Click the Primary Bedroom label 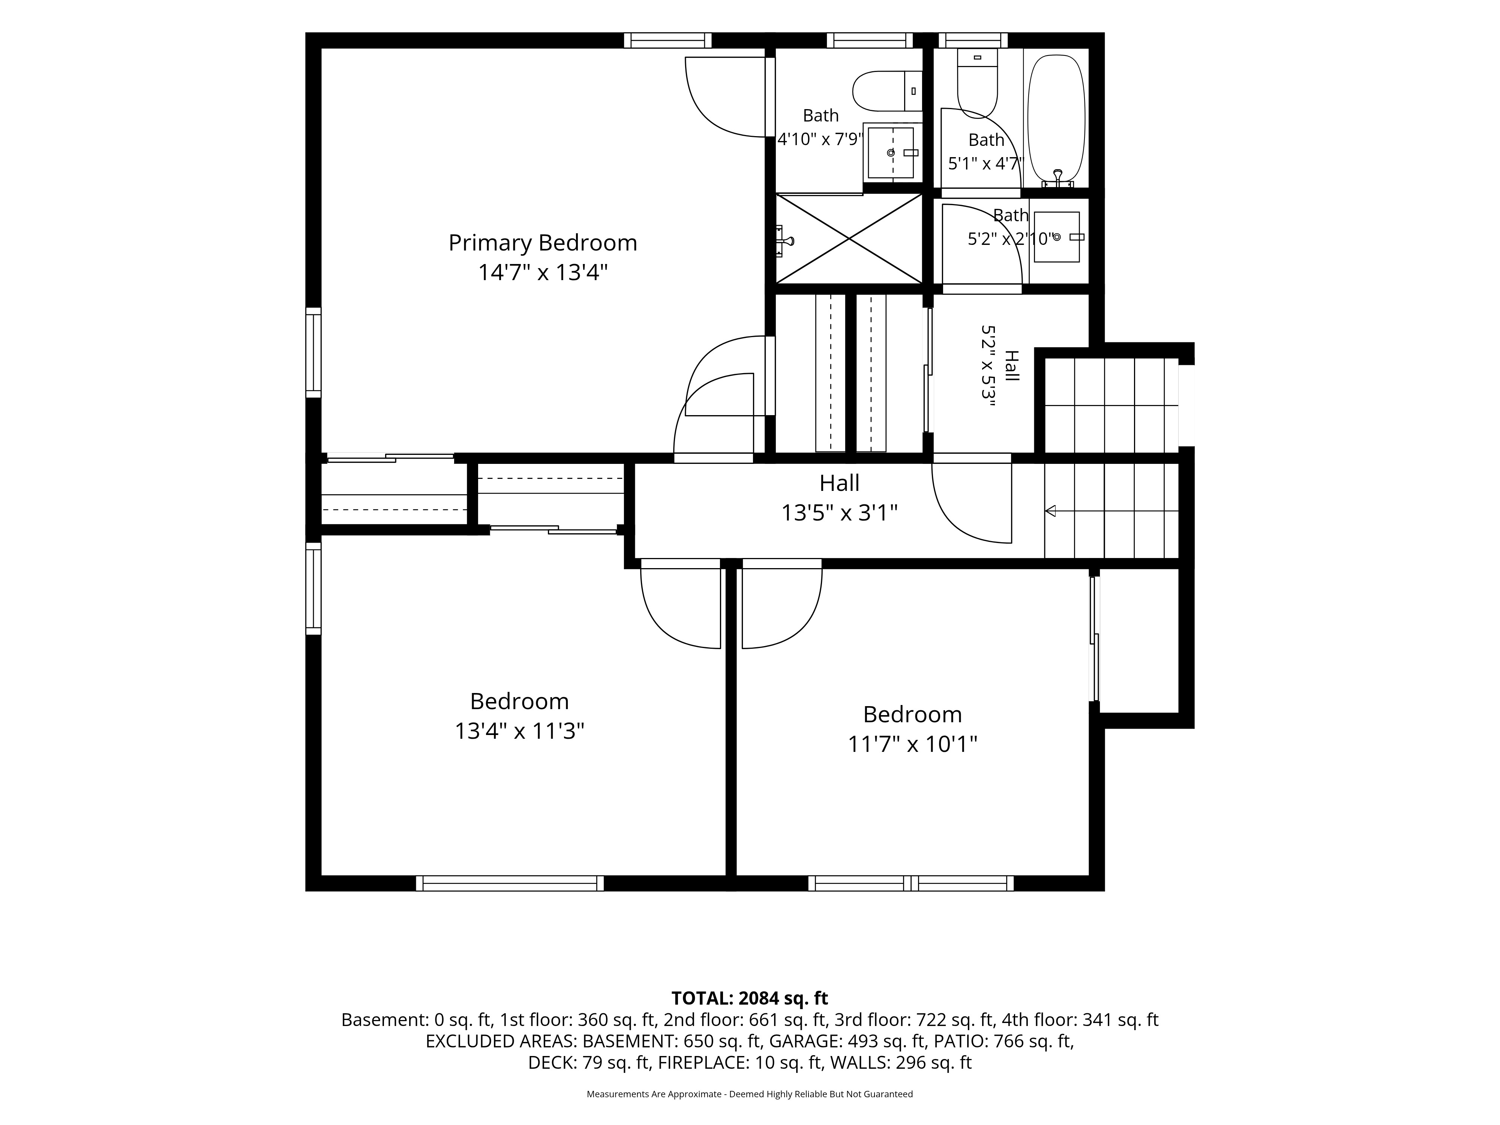tap(543, 243)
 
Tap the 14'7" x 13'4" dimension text tap(543, 273)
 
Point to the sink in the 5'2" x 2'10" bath tap(1056, 237)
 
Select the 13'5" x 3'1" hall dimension tap(840, 513)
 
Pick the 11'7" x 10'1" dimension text tap(913, 745)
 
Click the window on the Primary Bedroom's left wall tap(313, 352)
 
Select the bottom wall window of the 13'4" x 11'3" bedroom tap(510, 883)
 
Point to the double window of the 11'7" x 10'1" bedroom tap(911, 883)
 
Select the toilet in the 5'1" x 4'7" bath tap(977, 83)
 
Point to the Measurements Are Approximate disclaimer tap(749, 1094)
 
